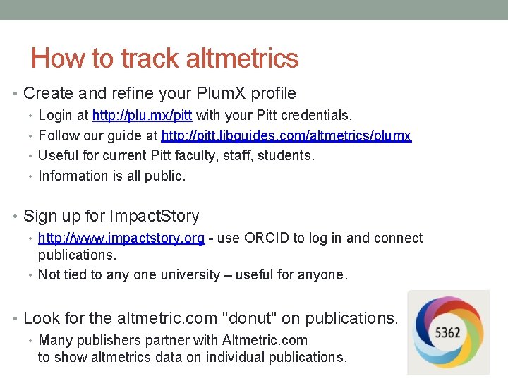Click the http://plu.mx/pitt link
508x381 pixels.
pyautogui.click(x=143, y=115)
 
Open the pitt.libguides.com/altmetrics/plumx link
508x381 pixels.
pyautogui.click(x=286, y=135)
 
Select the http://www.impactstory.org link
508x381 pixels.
pyautogui.click(x=121, y=238)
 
